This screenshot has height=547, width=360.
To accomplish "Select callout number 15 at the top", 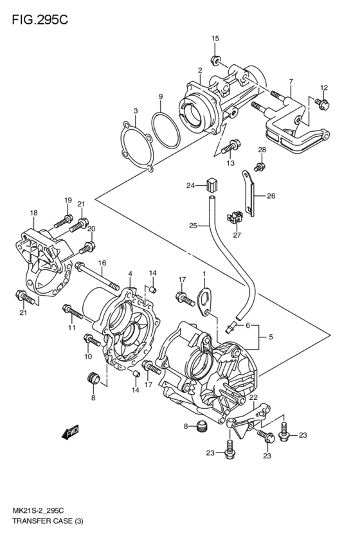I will click(x=215, y=40).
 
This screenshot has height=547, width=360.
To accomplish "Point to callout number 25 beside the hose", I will click(x=192, y=225).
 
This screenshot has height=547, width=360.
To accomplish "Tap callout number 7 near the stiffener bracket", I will click(x=291, y=82).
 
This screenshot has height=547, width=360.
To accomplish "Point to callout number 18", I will click(x=33, y=213).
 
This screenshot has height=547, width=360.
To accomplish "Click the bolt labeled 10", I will click(x=93, y=340).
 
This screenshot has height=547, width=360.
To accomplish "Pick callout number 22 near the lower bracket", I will click(x=253, y=399).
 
